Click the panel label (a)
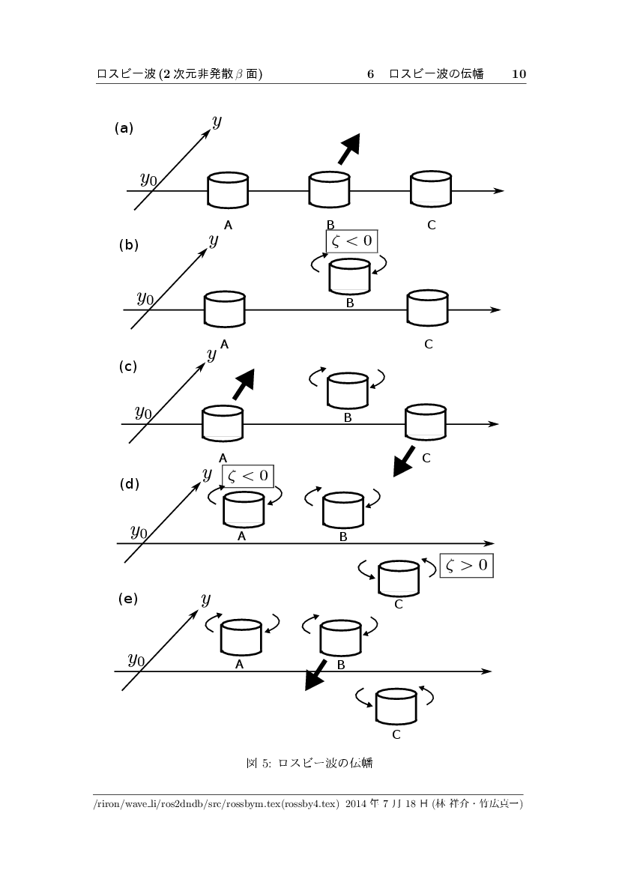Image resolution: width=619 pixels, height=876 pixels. pos(124,128)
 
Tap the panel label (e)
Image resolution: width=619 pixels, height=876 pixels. pos(129,599)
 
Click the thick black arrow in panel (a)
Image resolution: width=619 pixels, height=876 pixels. pos(348,148)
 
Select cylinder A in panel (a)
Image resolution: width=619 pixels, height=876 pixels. pos(228,190)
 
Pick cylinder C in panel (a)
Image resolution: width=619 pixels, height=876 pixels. pos(431,190)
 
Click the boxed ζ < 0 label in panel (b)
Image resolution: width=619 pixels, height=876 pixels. pos(351,241)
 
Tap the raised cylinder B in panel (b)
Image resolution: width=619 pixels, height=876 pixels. pos(349,276)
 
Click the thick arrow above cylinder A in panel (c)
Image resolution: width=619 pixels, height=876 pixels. pos(243,386)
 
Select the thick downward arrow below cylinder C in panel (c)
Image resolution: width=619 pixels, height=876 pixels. pos(404,460)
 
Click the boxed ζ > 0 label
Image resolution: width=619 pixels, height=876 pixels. pos(466,565)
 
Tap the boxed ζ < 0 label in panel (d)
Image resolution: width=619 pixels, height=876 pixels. pos(247,476)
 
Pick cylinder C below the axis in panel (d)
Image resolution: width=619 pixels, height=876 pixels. pos(399,578)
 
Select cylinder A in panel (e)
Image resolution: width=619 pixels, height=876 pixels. pos(241,636)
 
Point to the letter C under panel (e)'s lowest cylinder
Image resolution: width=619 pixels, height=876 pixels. pos(396,735)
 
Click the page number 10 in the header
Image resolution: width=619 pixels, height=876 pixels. pos(519,74)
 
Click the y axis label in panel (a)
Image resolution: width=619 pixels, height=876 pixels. pos(217,121)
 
